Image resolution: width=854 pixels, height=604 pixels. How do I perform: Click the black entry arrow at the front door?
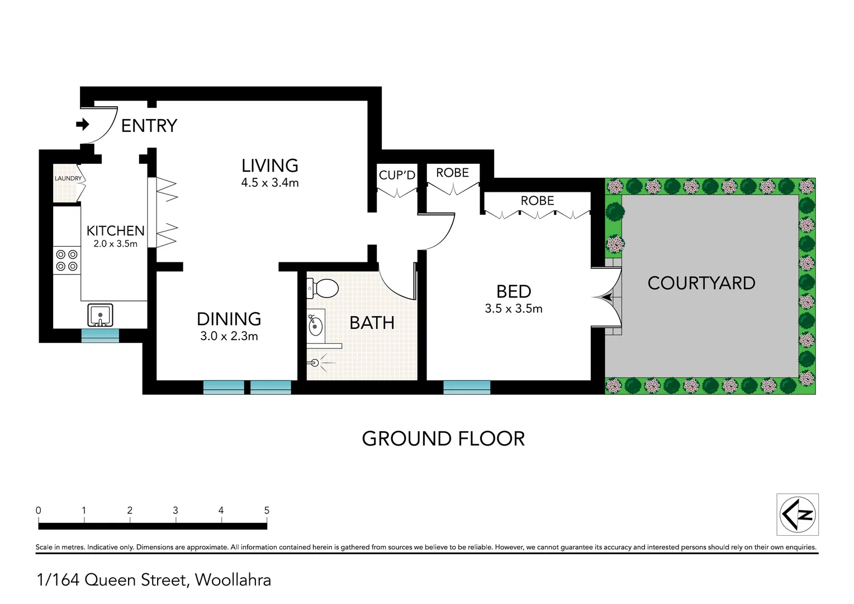point(83,124)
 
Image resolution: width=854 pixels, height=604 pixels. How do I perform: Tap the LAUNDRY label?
point(68,178)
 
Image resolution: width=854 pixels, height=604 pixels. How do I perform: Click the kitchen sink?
point(101,315)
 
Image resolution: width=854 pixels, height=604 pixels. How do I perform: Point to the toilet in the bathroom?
point(324,289)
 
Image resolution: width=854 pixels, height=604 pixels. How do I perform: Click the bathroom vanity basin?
point(315,324)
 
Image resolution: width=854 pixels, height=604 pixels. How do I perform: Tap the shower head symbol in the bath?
point(316,363)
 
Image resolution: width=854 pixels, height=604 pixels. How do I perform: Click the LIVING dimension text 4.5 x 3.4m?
point(270,183)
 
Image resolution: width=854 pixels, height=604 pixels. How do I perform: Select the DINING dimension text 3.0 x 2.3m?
point(229,337)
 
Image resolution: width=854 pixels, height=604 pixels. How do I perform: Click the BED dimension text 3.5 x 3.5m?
point(514,309)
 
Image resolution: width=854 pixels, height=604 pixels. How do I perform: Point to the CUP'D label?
point(397,175)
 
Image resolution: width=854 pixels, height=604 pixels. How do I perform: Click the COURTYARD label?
point(701,284)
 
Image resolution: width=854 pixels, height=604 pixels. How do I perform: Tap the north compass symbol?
point(798,515)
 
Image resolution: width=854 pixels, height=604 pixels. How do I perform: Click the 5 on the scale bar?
point(267,510)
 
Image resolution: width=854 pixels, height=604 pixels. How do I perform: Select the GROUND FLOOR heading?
point(443,439)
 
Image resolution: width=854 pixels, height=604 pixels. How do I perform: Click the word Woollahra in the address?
point(233,580)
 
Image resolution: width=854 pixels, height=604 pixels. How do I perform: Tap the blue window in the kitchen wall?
point(100,336)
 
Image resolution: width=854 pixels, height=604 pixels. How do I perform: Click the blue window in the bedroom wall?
point(467,387)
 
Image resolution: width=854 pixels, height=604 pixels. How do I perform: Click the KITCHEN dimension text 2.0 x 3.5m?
point(115,244)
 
